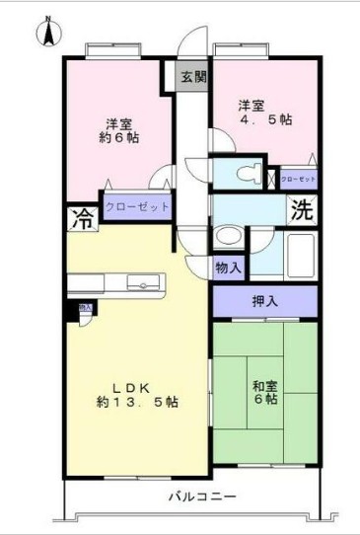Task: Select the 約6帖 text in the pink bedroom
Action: [x=120, y=138]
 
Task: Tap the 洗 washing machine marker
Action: [x=304, y=210]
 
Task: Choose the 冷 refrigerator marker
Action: [x=82, y=219]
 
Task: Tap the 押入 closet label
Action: [x=263, y=300]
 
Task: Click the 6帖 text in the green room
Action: [x=264, y=400]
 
